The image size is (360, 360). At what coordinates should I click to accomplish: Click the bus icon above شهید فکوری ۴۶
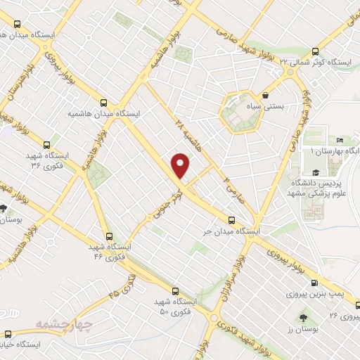[x=108, y=237]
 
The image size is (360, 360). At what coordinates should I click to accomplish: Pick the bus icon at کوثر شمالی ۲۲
[x=314, y=50]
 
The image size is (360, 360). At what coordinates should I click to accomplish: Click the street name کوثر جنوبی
[x=163, y=206]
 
